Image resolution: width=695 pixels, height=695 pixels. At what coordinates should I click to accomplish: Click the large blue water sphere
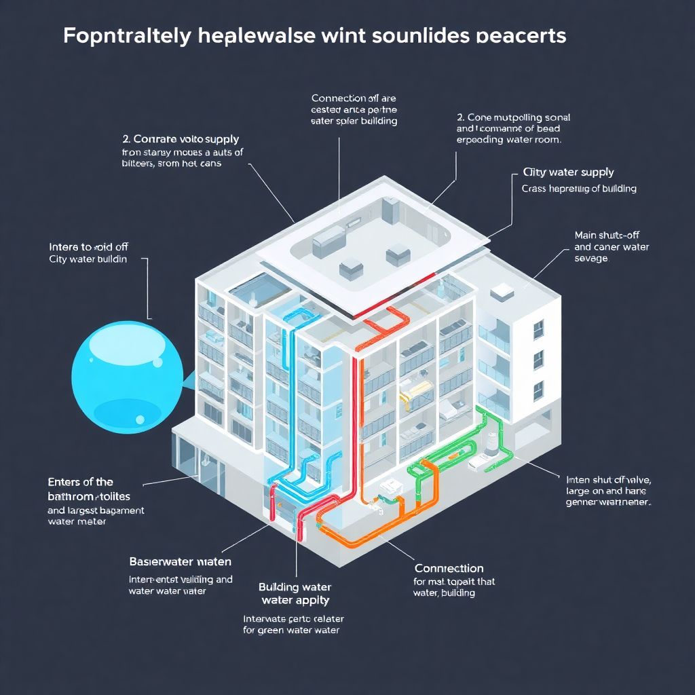tap(127, 373)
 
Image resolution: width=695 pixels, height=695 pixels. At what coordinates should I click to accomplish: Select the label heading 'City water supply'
tap(569, 172)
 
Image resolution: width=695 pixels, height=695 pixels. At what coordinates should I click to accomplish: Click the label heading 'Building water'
tap(295, 587)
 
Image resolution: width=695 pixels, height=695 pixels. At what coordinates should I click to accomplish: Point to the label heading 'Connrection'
tap(449, 568)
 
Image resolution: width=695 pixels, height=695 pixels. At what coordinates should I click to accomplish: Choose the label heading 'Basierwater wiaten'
tap(180, 562)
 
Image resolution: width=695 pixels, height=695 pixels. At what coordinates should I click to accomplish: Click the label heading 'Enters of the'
tap(80, 482)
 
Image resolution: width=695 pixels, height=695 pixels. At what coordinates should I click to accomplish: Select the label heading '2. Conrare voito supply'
tap(181, 139)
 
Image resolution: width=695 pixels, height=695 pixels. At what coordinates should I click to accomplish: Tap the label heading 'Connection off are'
tap(354, 98)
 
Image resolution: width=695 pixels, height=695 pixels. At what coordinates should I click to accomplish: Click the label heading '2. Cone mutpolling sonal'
tap(514, 117)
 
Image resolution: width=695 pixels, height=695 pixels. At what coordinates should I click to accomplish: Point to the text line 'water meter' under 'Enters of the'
tap(77, 522)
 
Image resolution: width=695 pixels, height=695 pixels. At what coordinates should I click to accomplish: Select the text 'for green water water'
tap(290, 630)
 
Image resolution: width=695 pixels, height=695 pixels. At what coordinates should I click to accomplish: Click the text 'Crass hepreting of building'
tap(578, 189)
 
